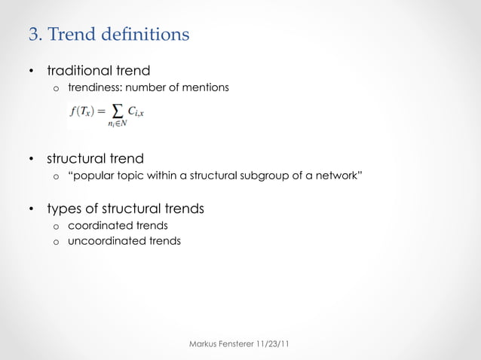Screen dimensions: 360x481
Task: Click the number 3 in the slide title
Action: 32,35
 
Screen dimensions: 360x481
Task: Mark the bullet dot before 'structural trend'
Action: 32,160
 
